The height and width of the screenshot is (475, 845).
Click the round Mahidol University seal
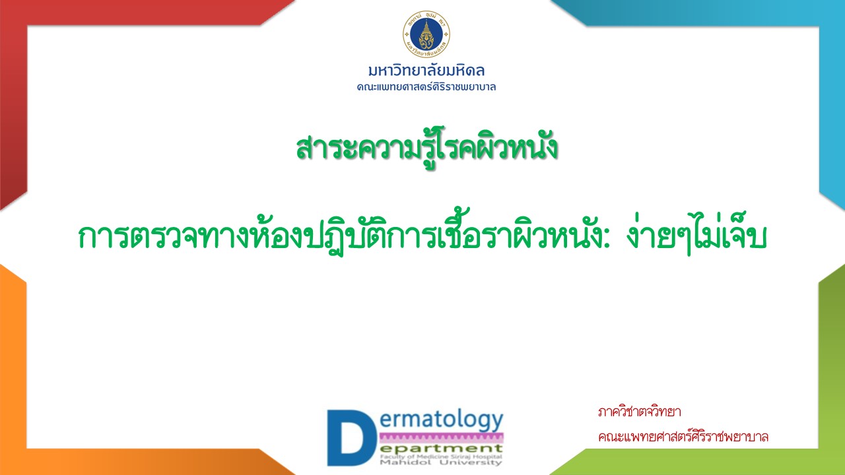426,34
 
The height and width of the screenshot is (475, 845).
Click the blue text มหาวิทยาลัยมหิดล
426,71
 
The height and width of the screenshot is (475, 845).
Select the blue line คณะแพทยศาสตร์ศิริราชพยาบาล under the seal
426,87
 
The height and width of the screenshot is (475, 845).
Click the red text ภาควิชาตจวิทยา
640,412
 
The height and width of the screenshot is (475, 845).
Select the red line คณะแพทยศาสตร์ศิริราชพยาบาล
683,437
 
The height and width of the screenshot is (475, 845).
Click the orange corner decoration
13,377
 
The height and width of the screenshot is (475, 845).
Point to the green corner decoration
832,377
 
